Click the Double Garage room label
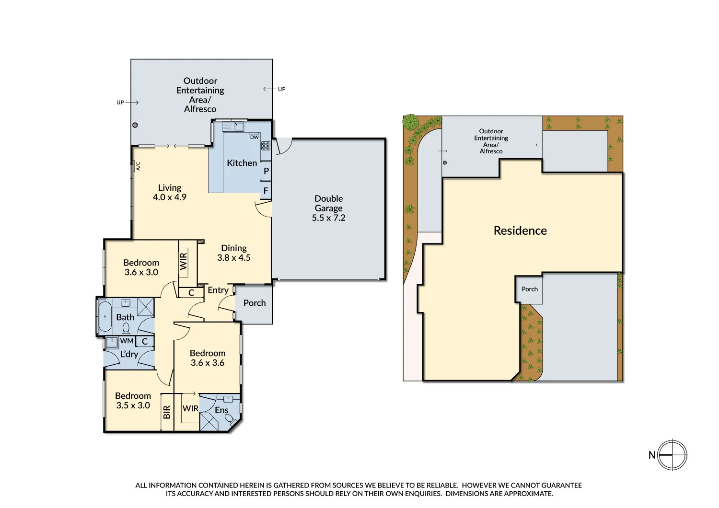pyautogui.click(x=329, y=208)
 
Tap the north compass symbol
pyautogui.click(x=672, y=455)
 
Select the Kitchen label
pyautogui.click(x=242, y=163)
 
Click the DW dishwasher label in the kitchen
pyautogui.click(x=254, y=137)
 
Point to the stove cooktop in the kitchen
pyautogui.click(x=266, y=146)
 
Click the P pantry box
pyautogui.click(x=266, y=171)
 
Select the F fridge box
pyautogui.click(x=266, y=191)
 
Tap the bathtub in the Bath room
pyautogui.click(x=104, y=316)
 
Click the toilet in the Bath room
pyautogui.click(x=126, y=328)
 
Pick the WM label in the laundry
pyautogui.click(x=127, y=341)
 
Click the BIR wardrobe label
pyautogui.click(x=167, y=412)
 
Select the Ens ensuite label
pyautogui.click(x=221, y=410)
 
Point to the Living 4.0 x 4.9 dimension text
pyautogui.click(x=170, y=197)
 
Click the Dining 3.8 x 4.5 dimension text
pyautogui.click(x=234, y=257)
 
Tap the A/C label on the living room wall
pyautogui.click(x=138, y=166)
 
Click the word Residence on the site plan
pyautogui.click(x=520, y=231)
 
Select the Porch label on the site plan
pyautogui.click(x=530, y=289)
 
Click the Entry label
pyautogui.click(x=218, y=290)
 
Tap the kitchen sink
pyautogui.click(x=233, y=127)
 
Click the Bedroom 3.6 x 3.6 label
pyautogui.click(x=208, y=358)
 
